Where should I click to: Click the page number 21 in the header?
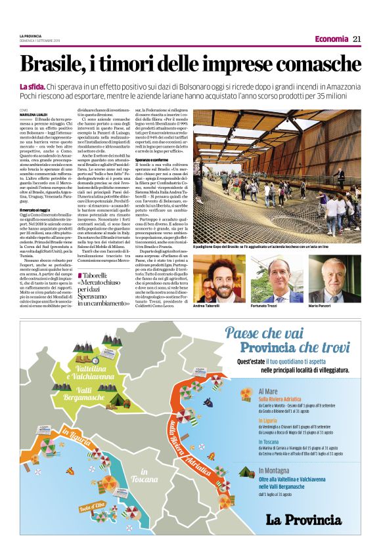pyautogui.click(x=357, y=39)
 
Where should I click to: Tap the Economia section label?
pyautogui.click(x=331, y=39)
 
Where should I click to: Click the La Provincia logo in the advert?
pyautogui.click(x=303, y=520)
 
